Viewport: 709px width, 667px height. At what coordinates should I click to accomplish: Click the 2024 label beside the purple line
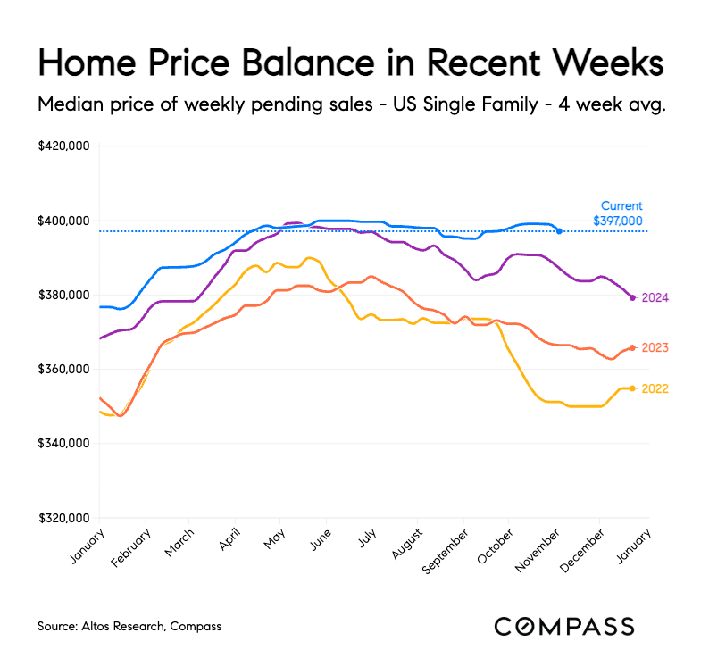(655, 297)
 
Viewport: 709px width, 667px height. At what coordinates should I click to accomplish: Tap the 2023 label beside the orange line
(655, 347)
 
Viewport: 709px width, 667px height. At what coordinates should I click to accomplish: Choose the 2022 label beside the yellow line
(655, 388)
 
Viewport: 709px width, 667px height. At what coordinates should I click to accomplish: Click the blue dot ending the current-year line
(559, 231)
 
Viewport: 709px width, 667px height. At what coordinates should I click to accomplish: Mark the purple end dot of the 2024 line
(632, 297)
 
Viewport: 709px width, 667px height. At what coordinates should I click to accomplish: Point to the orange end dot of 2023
(632, 347)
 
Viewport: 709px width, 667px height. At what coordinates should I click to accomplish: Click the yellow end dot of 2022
(632, 388)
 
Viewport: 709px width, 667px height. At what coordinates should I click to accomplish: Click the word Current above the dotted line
(621, 205)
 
